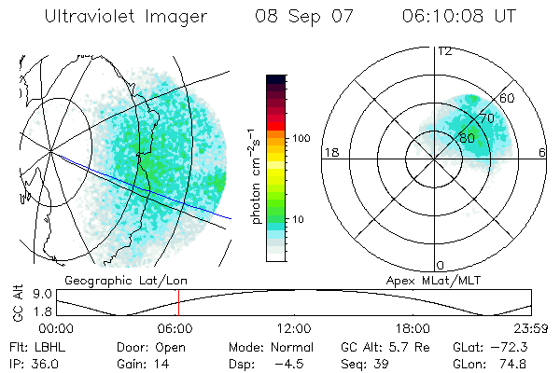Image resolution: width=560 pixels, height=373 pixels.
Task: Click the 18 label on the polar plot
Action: pos(329,152)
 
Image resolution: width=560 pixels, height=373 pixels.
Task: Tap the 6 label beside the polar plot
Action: pos(542,152)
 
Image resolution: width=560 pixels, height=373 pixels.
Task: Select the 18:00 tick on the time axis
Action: pos(412,327)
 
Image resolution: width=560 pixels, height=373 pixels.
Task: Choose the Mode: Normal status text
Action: pos(263,346)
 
